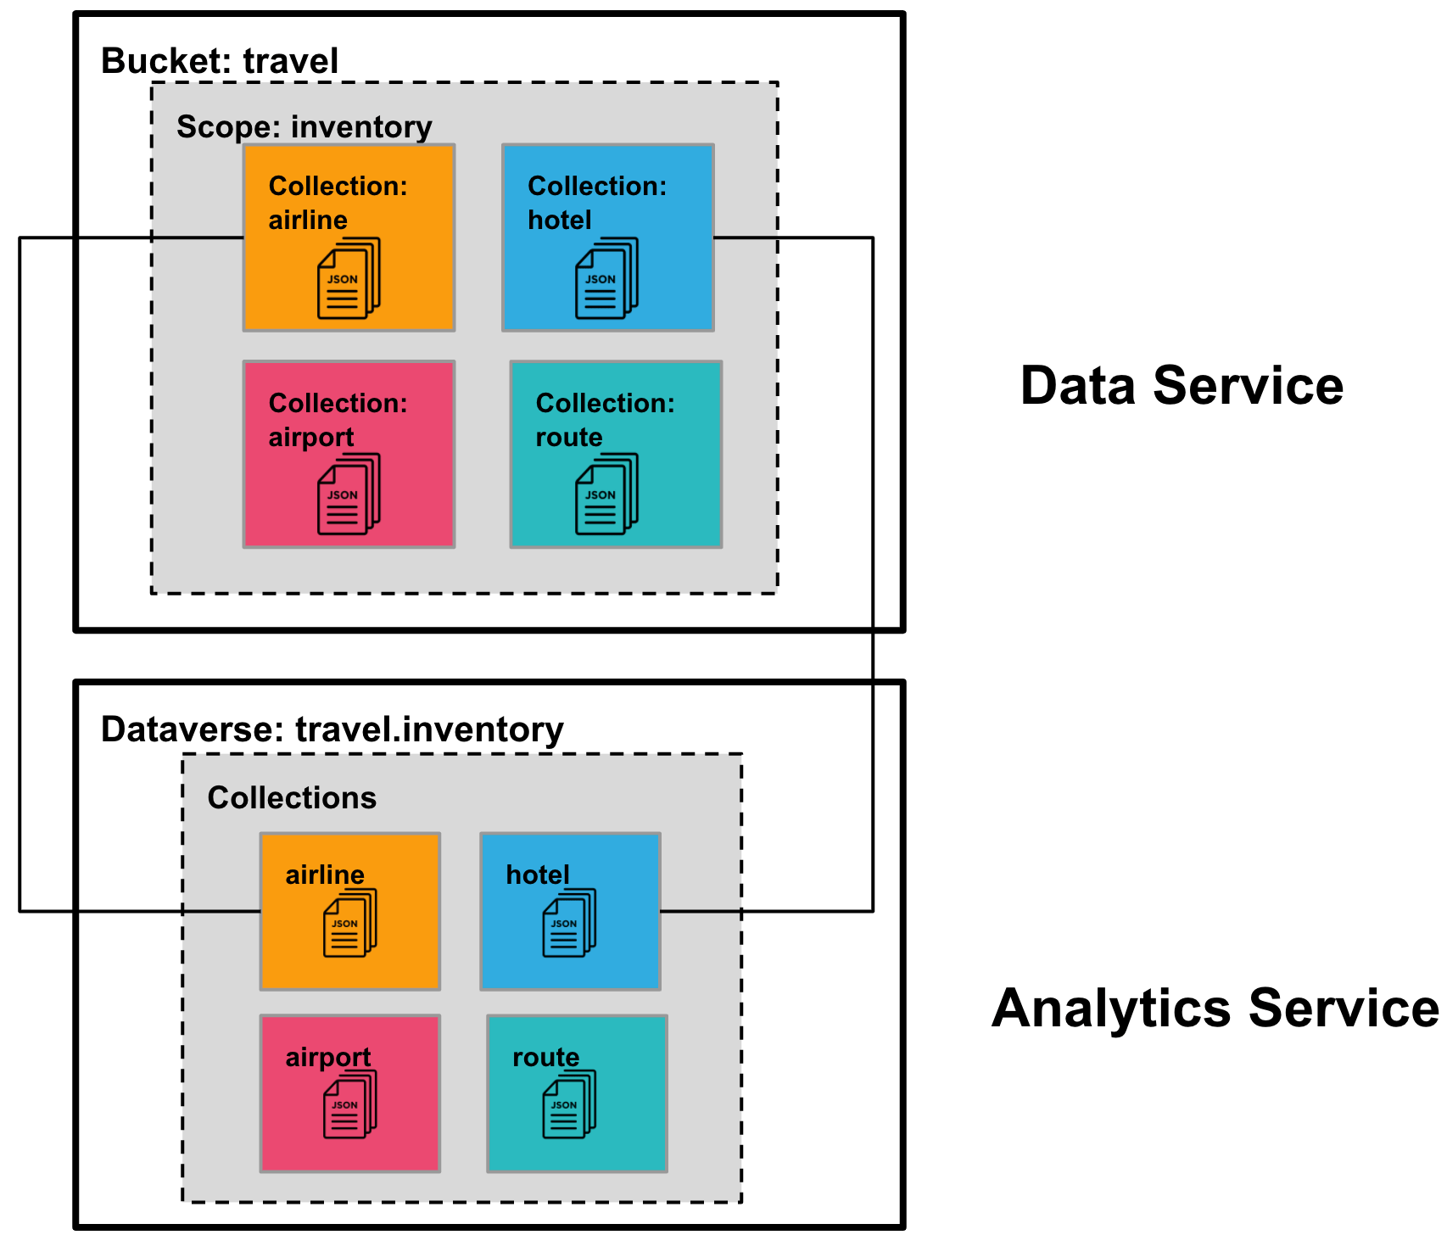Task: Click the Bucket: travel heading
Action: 220,61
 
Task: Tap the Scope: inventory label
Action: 304,126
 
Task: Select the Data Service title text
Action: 1182,386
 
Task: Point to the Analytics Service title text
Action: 1215,1009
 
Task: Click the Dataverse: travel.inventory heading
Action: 332,729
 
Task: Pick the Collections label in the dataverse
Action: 292,798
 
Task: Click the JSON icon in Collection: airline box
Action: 349,279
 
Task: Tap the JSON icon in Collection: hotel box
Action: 606,279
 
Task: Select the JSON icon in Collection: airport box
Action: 349,495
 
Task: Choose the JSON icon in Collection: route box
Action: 606,495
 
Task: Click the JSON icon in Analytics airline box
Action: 349,924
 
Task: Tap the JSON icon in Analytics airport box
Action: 349,1104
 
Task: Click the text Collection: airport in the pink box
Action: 337,420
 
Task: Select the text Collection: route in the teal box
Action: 604,420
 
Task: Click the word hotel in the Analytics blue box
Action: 538,875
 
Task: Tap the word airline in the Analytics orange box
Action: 324,875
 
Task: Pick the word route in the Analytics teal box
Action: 545,1057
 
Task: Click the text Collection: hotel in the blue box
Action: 596,203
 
